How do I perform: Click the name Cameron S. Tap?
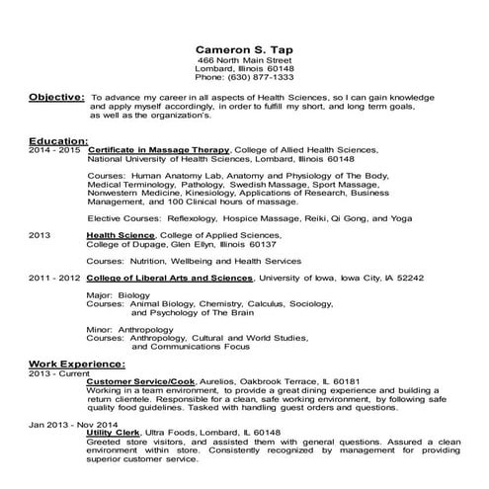[x=244, y=48]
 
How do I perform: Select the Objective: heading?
[x=55, y=99]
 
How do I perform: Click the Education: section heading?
[x=58, y=141]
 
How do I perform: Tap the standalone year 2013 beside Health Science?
[x=40, y=235]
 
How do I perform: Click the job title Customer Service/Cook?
[x=141, y=380]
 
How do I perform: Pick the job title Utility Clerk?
[x=113, y=432]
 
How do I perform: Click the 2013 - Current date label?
[x=56, y=371]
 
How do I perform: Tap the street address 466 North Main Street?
[x=244, y=61]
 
